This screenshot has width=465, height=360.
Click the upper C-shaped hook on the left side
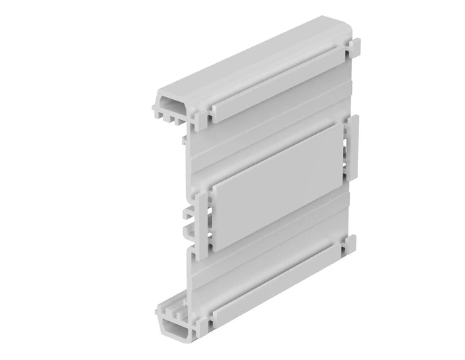(x=189, y=211)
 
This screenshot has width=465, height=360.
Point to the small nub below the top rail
(x=182, y=138)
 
